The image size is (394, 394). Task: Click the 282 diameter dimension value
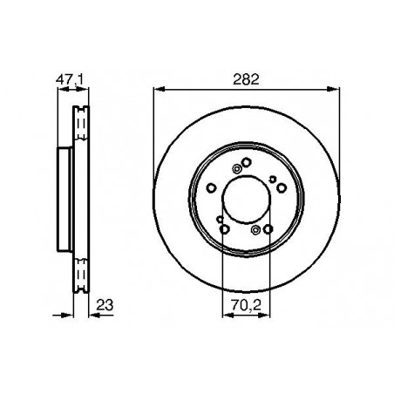(x=245, y=78)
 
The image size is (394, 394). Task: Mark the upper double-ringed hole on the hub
(x=234, y=170)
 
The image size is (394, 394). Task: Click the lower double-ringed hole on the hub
(x=255, y=229)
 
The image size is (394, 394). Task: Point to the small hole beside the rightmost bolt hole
(x=273, y=180)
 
